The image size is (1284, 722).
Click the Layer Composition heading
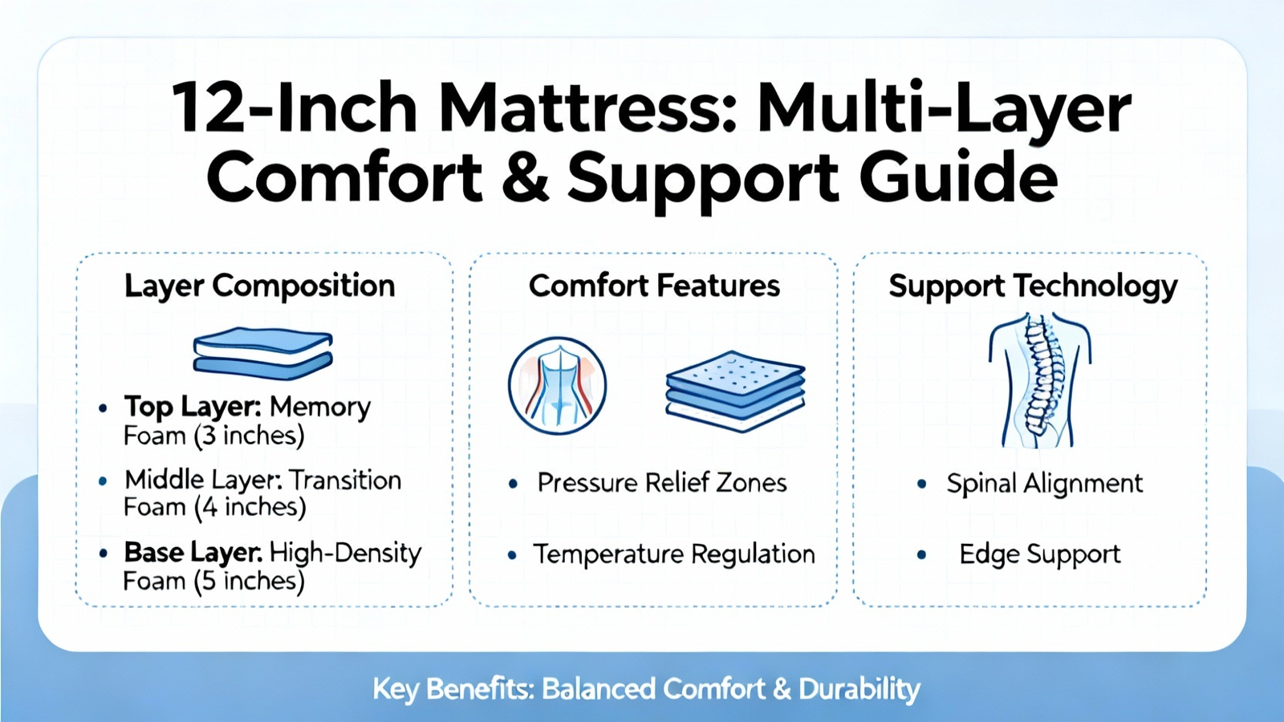pos(260,286)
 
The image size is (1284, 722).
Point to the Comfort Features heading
pos(654,286)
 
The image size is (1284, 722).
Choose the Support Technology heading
pos(1033,286)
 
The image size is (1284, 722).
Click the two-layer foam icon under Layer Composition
pos(263,352)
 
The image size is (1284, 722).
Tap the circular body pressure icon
pos(557,385)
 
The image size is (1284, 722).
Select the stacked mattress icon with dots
pos(735,391)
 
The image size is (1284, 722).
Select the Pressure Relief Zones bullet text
pos(662,483)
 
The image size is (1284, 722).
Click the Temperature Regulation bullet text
pos(674,554)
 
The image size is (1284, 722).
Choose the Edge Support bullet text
pos(1040,554)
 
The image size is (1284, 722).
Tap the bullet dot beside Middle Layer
pos(103,481)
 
